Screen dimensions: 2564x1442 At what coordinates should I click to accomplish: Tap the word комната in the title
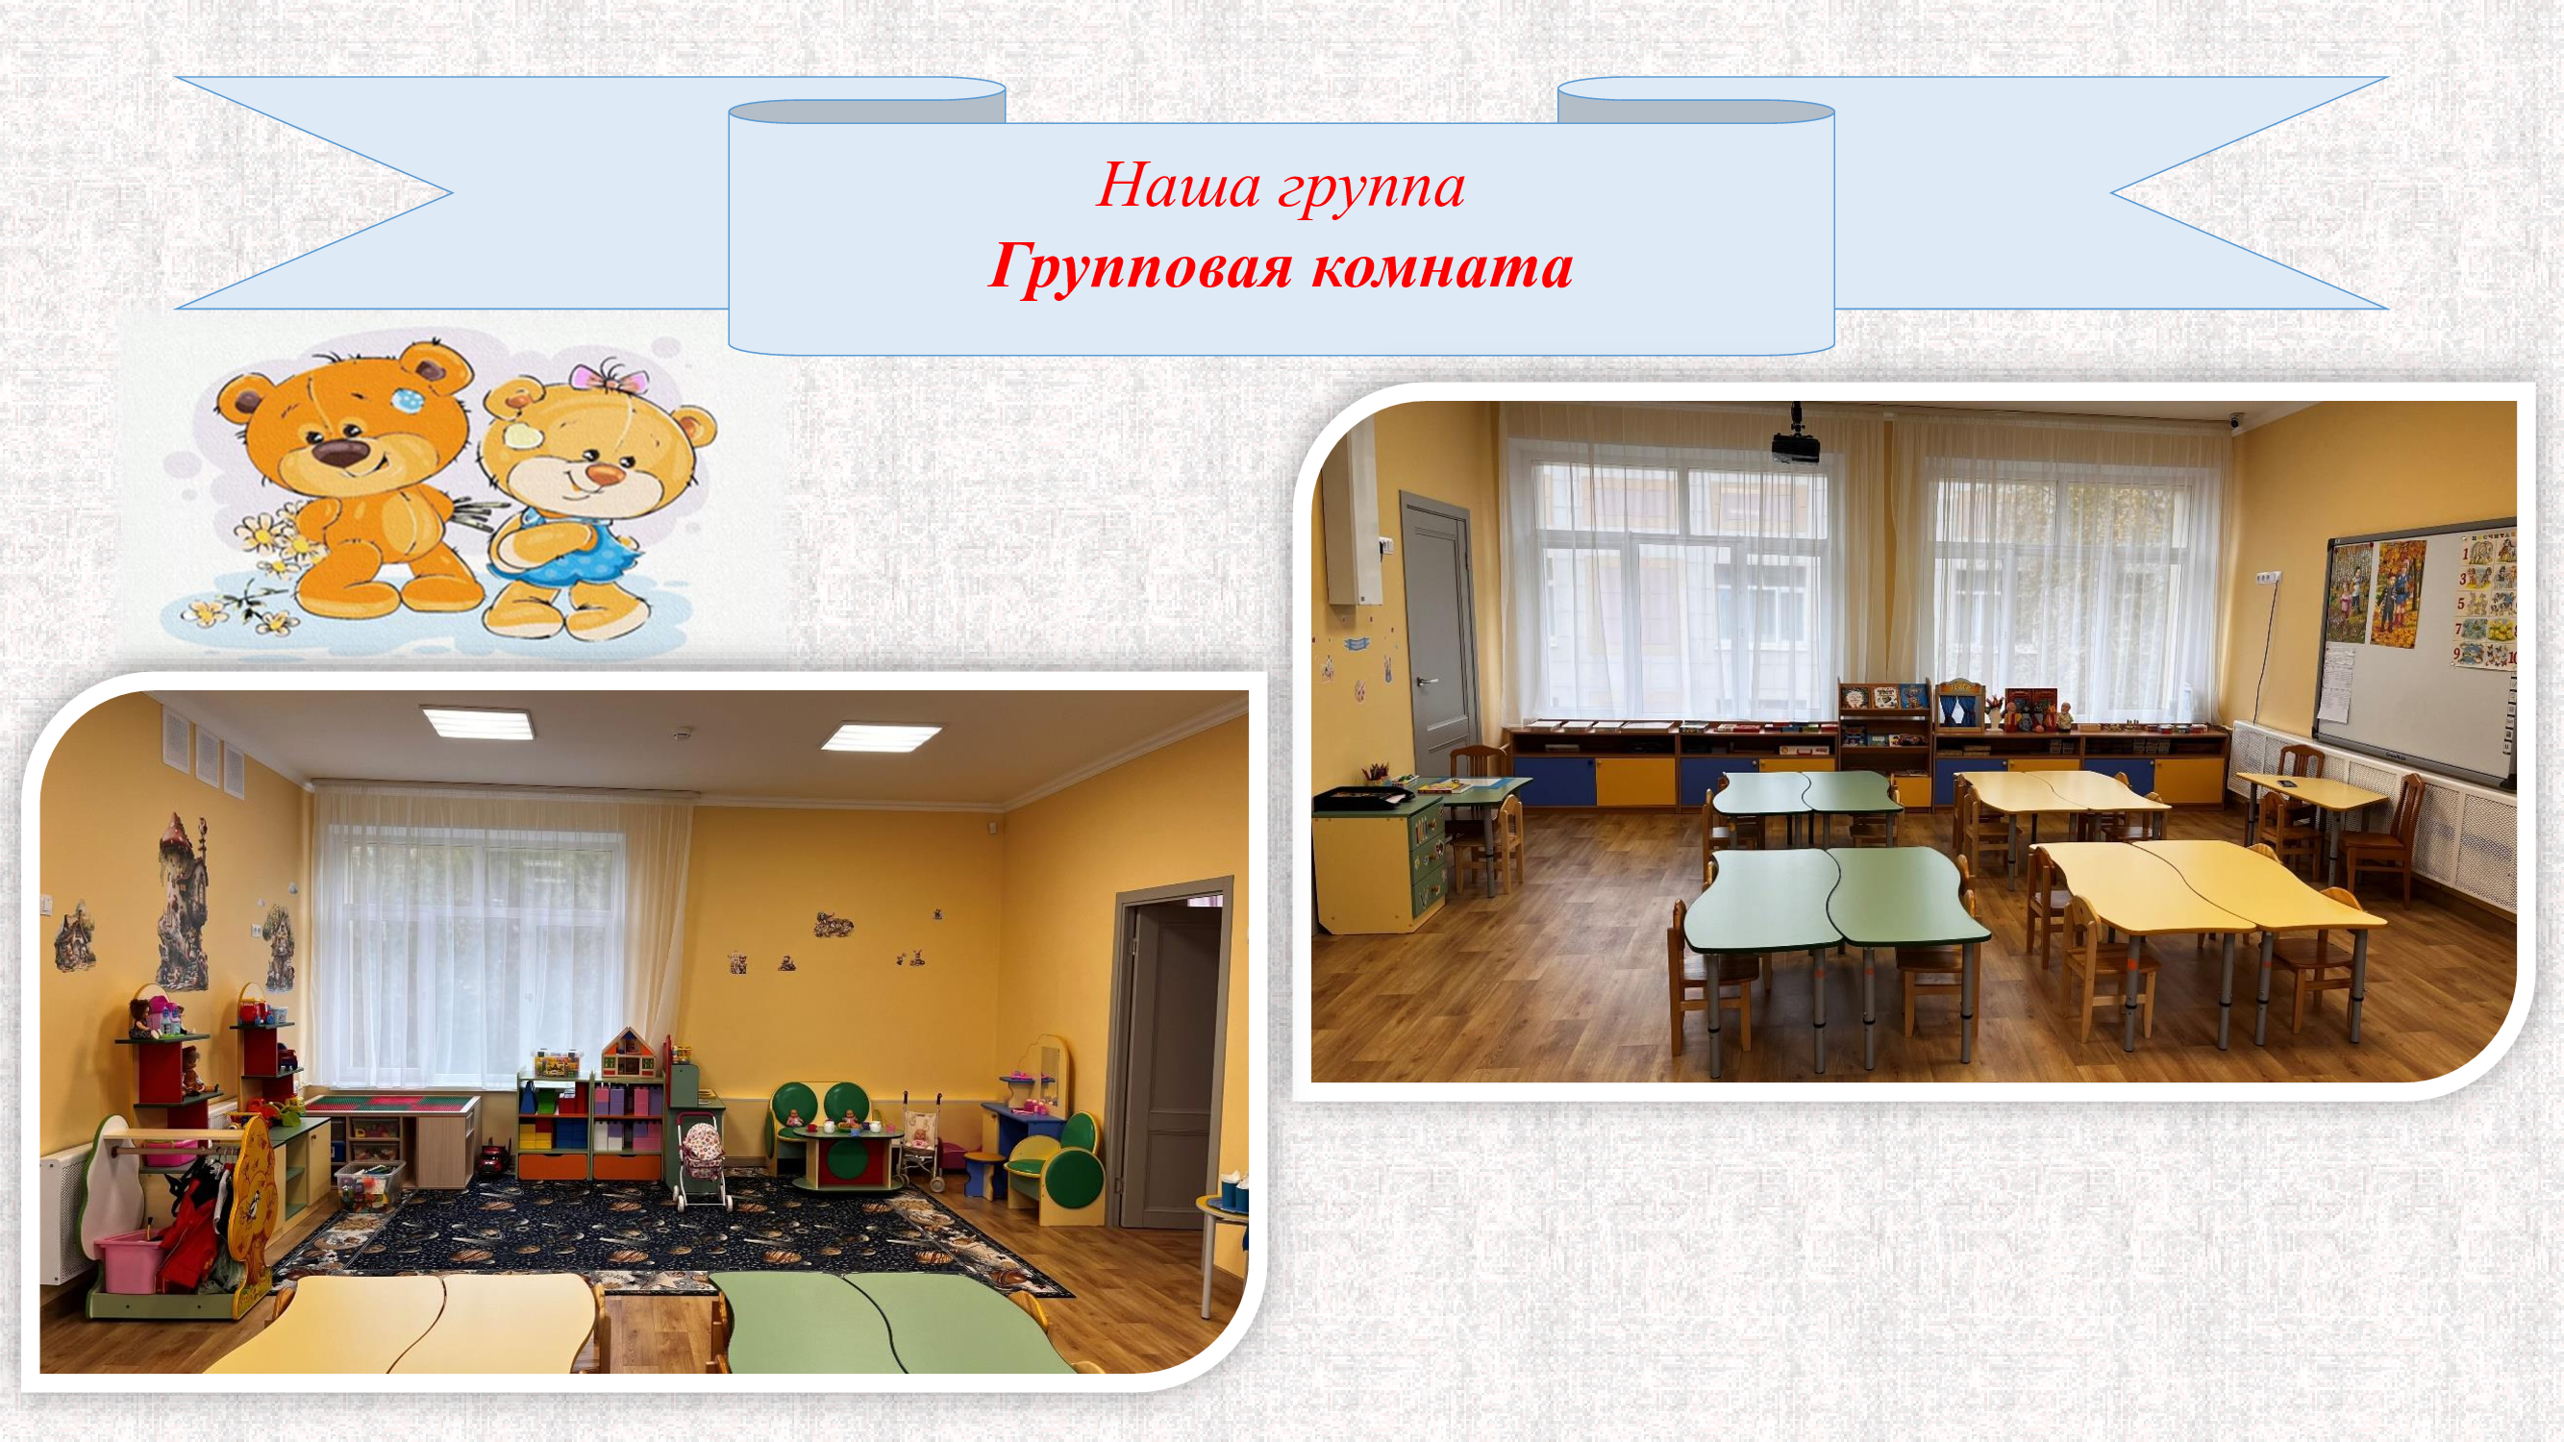[1441, 267]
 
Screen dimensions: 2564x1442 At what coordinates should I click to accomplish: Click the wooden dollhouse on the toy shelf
[626, 1052]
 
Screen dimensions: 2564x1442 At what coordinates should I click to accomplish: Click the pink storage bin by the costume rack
[130, 1260]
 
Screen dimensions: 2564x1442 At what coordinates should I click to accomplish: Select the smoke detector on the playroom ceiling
[682, 734]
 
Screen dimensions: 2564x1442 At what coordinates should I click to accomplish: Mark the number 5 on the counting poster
[2459, 603]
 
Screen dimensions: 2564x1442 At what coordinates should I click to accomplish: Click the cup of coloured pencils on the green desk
[1379, 772]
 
